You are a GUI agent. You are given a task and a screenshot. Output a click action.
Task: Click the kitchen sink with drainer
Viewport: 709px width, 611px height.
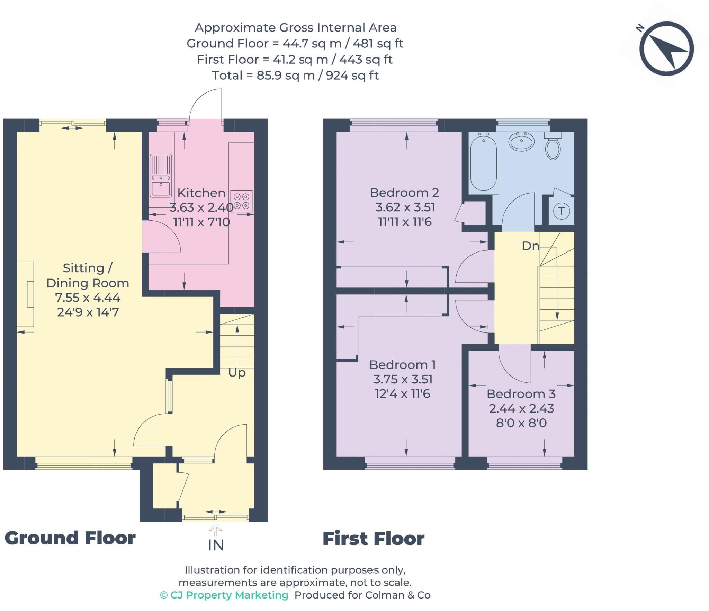161,175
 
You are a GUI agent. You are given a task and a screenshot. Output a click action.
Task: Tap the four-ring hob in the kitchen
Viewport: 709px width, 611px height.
241,201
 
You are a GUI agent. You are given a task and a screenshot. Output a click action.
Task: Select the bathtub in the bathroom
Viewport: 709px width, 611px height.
484,163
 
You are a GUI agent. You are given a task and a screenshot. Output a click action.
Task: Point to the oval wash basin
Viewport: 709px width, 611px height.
521,141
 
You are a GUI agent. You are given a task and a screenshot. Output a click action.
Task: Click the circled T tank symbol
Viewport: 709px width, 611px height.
562,211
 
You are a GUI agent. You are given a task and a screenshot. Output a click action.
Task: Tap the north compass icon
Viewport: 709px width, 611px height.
666,48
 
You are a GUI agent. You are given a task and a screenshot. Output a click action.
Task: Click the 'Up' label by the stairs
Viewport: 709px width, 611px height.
237,373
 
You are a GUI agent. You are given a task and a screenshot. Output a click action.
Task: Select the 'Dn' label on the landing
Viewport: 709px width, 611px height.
530,246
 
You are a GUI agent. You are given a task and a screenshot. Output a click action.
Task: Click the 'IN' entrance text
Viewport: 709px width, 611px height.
216,546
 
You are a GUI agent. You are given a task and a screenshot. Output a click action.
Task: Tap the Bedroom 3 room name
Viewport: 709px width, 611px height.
521,394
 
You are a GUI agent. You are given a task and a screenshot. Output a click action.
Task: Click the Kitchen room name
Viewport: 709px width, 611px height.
201,193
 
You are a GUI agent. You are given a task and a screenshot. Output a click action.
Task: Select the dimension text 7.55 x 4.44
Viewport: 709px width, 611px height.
88,298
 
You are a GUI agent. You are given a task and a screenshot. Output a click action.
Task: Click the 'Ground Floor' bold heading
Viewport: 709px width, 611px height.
70,538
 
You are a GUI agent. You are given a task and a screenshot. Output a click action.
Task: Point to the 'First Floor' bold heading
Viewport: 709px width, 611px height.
373,539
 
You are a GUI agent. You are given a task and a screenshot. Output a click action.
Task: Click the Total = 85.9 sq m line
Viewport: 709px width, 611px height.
295,75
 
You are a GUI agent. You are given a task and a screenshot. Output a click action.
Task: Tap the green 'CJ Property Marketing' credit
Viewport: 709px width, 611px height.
224,595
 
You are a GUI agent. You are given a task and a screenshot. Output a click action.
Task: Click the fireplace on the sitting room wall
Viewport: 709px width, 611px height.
26,294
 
